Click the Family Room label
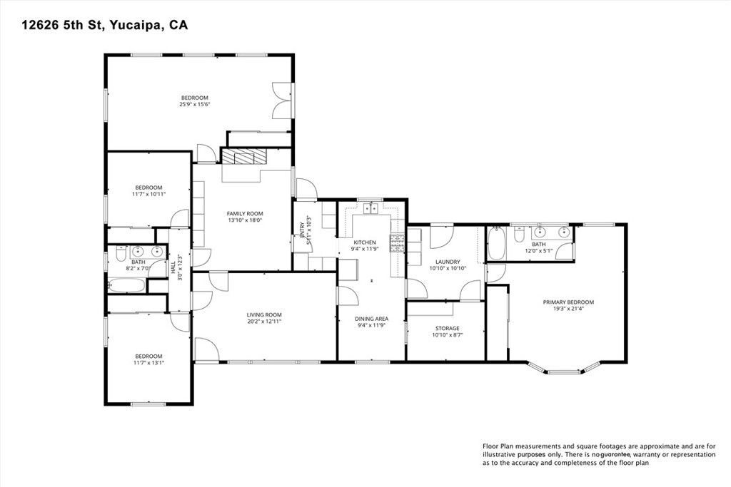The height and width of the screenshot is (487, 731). pos(245,214)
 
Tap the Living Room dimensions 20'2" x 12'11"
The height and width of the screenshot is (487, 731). pos(264,322)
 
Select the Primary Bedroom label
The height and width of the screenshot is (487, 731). pos(568,302)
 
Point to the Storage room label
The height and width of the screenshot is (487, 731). pos(447,328)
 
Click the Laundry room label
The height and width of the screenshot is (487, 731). pos(448,262)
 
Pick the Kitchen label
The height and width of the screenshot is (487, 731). pos(365,242)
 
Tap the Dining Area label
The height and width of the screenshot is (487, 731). pos(371,319)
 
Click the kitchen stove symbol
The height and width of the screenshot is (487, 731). pos(398,243)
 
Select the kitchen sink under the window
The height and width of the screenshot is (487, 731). pos(371,207)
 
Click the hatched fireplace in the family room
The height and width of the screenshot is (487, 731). pos(243,156)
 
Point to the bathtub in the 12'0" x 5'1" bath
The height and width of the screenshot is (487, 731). pos(496,244)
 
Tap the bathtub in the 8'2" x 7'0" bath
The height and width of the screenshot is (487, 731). pos(127,285)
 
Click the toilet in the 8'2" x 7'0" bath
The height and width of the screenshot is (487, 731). pos(120,255)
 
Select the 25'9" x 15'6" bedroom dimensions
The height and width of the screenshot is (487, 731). pos(195,104)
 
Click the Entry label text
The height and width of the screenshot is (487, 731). pos(303,228)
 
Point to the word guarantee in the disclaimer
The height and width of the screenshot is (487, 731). pos(615,455)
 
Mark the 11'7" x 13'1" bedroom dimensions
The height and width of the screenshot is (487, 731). pos(149,363)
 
